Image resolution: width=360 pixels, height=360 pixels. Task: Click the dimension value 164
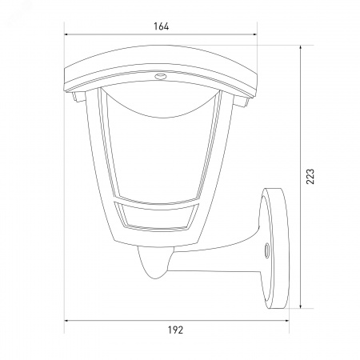pyautogui.click(x=161, y=26)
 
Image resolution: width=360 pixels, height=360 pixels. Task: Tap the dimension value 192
pyautogui.click(x=175, y=330)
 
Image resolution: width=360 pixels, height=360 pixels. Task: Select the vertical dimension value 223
pyautogui.click(x=310, y=177)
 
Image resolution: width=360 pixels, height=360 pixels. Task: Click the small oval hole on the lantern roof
pyautogui.click(x=160, y=77)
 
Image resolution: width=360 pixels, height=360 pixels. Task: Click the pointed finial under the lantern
pyautogui.click(x=154, y=262)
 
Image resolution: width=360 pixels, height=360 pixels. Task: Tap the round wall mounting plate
pyautogui.click(x=274, y=248)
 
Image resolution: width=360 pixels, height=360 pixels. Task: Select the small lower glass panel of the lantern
pyautogui.click(x=157, y=215)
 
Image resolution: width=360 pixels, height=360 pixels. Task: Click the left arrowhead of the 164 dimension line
pyautogui.click(x=67, y=34)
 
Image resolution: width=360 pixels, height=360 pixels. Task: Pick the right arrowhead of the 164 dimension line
pyautogui.click(x=254, y=34)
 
